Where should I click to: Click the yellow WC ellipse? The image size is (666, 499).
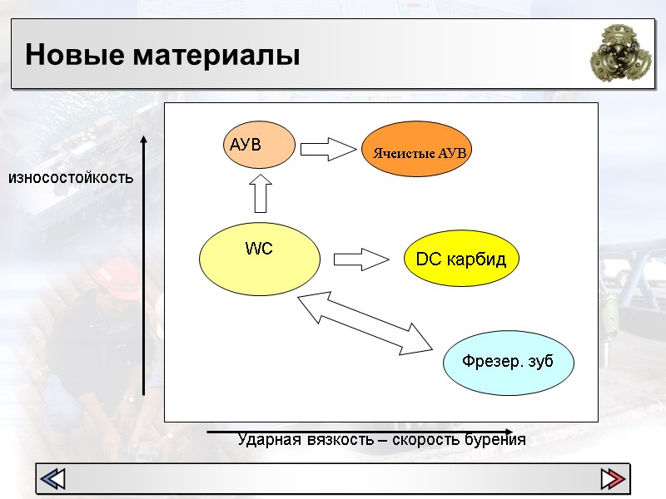(x=260, y=259)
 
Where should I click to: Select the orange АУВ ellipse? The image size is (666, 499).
(x=259, y=145)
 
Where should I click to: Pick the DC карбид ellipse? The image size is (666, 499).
(x=460, y=259)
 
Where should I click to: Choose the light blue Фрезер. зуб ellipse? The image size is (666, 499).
(x=508, y=362)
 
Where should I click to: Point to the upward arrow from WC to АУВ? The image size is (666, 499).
(x=261, y=194)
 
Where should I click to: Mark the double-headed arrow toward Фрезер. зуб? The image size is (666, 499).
(x=366, y=320)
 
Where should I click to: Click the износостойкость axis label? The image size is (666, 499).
(x=71, y=177)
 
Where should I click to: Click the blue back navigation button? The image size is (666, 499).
(x=54, y=479)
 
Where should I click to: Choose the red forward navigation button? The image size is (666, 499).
(x=613, y=479)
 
